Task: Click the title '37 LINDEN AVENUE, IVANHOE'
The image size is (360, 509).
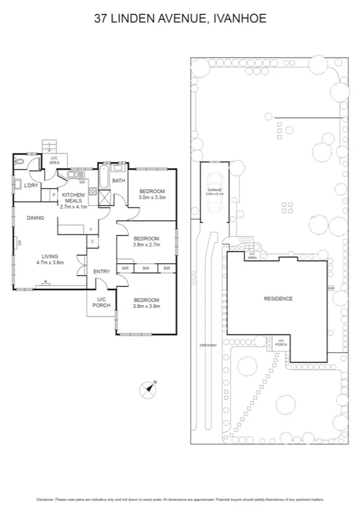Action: (x=180, y=19)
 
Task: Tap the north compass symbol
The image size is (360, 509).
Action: (x=148, y=390)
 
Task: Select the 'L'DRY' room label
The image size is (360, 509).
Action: (x=31, y=185)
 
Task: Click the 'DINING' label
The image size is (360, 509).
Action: (x=35, y=218)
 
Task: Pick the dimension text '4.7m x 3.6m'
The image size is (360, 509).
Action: (x=50, y=262)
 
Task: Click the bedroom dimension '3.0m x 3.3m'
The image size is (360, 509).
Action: (x=152, y=197)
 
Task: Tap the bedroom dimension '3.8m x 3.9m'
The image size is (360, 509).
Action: (x=147, y=306)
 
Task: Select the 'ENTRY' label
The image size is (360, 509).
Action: (x=101, y=272)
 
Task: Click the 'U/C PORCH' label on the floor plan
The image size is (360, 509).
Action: (x=101, y=302)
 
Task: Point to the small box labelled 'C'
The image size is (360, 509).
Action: (x=93, y=242)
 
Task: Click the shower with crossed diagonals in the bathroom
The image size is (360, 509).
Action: (x=104, y=197)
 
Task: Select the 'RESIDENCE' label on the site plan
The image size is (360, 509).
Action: (x=278, y=299)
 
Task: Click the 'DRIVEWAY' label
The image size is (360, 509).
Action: (x=208, y=345)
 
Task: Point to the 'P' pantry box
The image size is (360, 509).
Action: (x=53, y=195)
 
